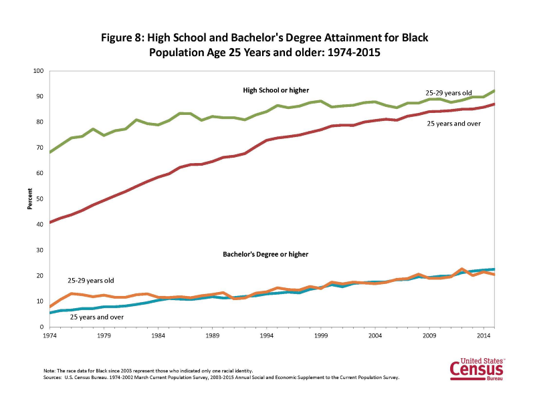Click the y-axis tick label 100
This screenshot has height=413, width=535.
pos(38,71)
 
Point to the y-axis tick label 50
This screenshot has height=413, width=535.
pos(39,199)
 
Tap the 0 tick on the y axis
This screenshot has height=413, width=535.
pos(41,327)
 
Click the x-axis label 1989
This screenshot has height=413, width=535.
pos(212,335)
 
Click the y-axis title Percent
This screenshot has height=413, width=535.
pos(29,198)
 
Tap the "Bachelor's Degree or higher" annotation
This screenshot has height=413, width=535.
pos(265,255)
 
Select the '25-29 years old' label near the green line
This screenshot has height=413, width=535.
pos(448,92)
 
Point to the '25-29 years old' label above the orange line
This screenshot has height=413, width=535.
pos(91,280)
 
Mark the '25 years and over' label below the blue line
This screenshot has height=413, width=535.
pos(96,317)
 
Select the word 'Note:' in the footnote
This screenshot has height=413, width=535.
pos(49,370)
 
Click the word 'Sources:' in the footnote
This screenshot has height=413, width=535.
pos(52,378)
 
